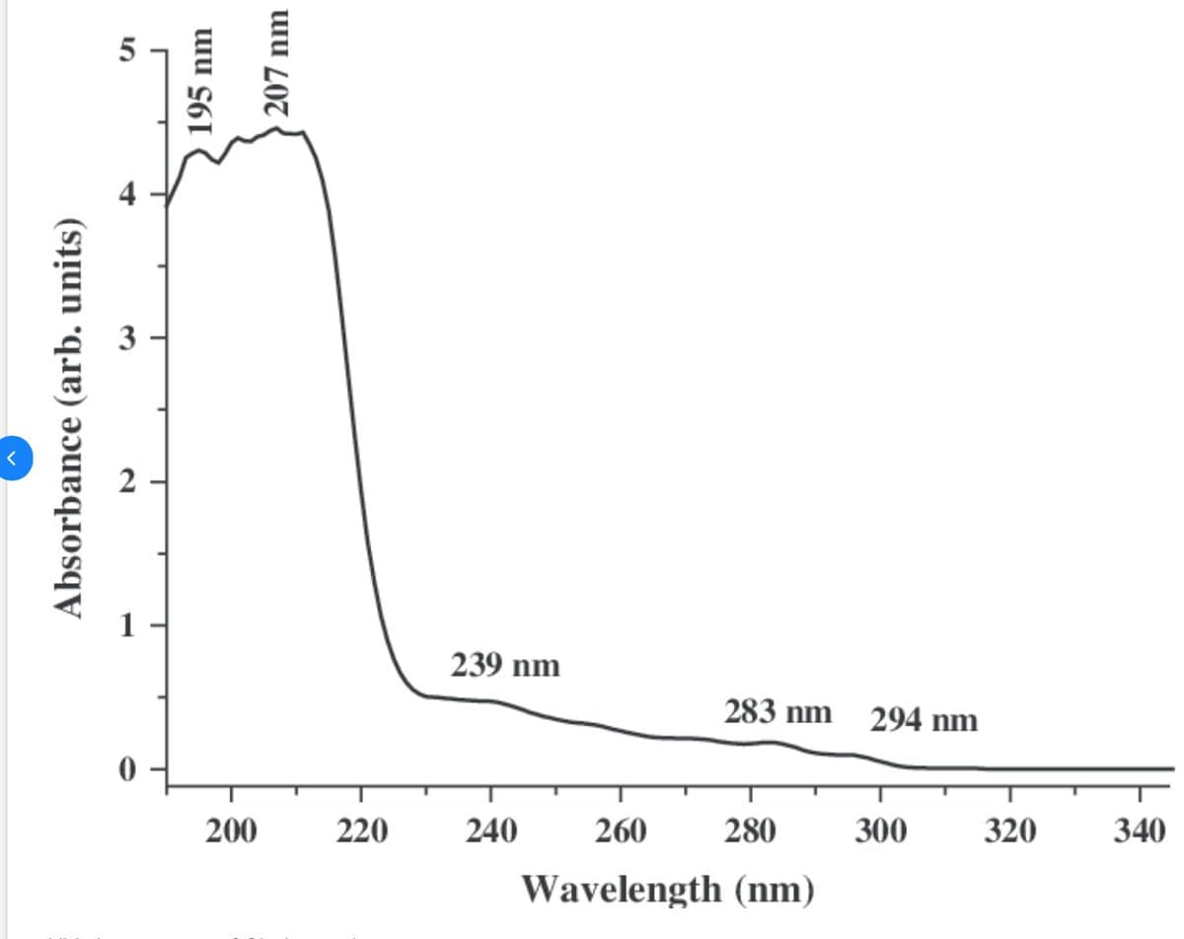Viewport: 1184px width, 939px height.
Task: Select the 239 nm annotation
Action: (x=505, y=666)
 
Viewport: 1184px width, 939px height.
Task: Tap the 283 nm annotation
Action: (x=777, y=711)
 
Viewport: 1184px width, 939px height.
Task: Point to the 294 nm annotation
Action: (x=924, y=721)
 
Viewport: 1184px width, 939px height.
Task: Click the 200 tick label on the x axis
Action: (x=231, y=831)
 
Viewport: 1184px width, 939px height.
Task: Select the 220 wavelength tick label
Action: (x=361, y=831)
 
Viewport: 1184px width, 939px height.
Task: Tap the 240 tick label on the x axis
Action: (x=490, y=831)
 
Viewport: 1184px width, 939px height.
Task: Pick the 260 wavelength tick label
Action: (x=621, y=831)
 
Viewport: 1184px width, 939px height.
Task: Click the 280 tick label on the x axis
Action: (x=750, y=831)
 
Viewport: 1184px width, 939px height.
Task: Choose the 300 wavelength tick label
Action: (x=880, y=831)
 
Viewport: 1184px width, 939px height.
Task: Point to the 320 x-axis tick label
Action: (x=1009, y=831)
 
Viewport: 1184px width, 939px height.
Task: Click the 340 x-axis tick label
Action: (x=1139, y=831)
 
